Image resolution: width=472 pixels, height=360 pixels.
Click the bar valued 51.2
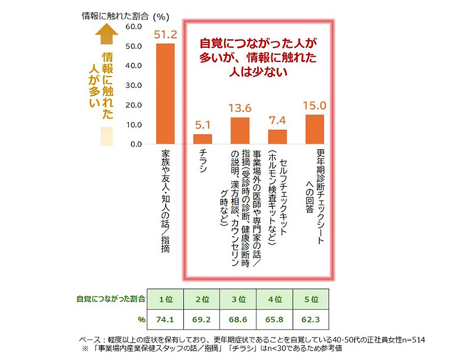pos(165,94)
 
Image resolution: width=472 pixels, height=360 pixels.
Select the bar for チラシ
pos(203,139)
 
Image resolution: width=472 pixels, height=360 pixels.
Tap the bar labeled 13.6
pos(240,130)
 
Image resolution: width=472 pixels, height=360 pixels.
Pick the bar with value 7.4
pos(277,137)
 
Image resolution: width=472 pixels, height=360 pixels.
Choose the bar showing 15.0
pos(315,129)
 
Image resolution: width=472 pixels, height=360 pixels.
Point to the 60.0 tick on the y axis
pos(134,26)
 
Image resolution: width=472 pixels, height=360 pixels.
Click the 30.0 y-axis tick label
pos(134,85)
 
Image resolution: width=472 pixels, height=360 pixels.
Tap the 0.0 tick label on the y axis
pos(137,145)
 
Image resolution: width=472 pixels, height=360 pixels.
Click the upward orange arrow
pos(106,37)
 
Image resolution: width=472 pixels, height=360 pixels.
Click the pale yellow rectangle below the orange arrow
pos(106,136)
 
